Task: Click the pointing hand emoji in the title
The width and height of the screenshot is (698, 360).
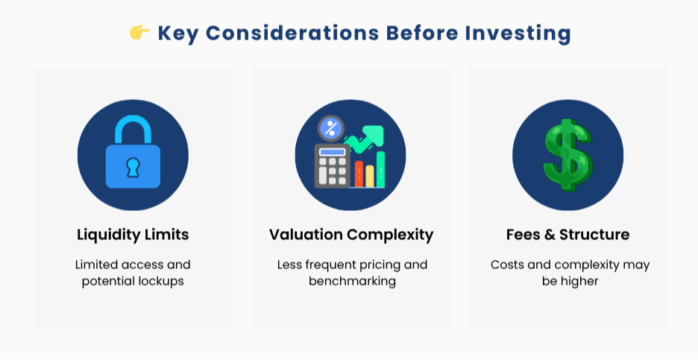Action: (x=139, y=33)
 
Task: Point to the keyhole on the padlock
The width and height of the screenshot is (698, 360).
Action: (x=133, y=167)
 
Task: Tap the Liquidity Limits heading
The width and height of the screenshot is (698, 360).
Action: (x=133, y=235)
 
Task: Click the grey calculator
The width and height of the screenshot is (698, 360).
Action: (x=332, y=165)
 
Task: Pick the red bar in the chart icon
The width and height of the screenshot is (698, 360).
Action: (x=359, y=174)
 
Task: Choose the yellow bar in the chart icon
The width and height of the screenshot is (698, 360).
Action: (x=369, y=176)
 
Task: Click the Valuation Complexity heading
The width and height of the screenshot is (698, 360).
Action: (x=350, y=235)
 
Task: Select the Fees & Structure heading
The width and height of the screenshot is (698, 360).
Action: (x=567, y=235)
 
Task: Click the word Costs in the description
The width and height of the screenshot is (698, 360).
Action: (x=507, y=265)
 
